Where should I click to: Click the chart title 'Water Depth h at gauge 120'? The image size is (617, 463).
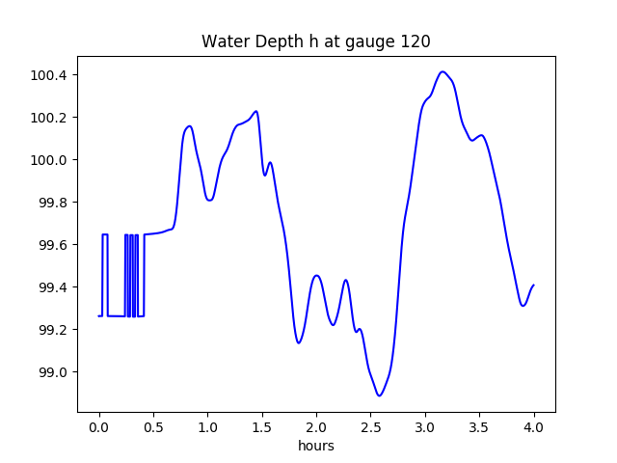(315, 41)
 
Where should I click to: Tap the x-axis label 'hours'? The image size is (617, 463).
(316, 446)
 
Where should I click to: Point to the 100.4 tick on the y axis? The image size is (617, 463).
(50, 75)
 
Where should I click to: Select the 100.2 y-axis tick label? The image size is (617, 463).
(50, 118)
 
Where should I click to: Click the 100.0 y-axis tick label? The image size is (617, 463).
(50, 160)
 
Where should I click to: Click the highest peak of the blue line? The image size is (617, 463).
(443, 72)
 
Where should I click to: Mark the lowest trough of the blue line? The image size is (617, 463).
(380, 395)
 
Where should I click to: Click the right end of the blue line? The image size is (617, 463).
(533, 286)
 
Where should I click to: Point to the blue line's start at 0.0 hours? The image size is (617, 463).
(99, 315)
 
